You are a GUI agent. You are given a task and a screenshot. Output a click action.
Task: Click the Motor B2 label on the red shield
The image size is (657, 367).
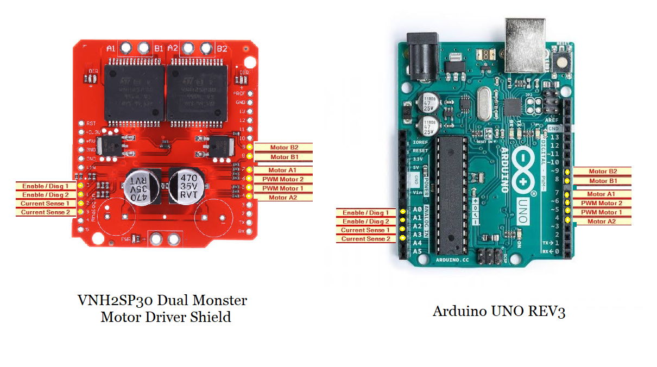[x=283, y=147]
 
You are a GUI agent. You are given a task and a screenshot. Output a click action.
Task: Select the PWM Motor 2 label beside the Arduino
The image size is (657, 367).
[x=602, y=203]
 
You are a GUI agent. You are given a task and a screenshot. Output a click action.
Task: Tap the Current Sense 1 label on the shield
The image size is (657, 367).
[x=45, y=204]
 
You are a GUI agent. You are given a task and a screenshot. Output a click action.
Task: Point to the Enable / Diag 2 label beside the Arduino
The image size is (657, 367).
[x=365, y=222]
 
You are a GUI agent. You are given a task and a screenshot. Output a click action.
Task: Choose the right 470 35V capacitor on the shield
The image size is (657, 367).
[x=187, y=186]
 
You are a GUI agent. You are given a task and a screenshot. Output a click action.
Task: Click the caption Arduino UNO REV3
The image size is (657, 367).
[x=498, y=312]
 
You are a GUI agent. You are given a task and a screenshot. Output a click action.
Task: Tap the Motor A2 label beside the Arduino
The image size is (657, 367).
[x=602, y=221]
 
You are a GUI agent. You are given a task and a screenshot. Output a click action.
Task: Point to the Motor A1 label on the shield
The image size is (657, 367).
[x=282, y=170]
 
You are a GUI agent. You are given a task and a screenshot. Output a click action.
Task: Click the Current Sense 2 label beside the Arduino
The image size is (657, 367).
[x=365, y=239]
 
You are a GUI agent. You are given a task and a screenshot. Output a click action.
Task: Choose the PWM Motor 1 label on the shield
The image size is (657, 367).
[x=282, y=188]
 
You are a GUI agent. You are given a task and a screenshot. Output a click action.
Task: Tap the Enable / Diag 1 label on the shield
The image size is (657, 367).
[x=45, y=186]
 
